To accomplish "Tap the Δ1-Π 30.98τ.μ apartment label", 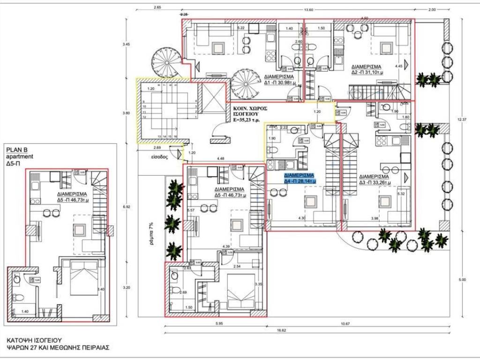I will click(x=278, y=79).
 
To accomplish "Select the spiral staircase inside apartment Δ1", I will click(x=244, y=83).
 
